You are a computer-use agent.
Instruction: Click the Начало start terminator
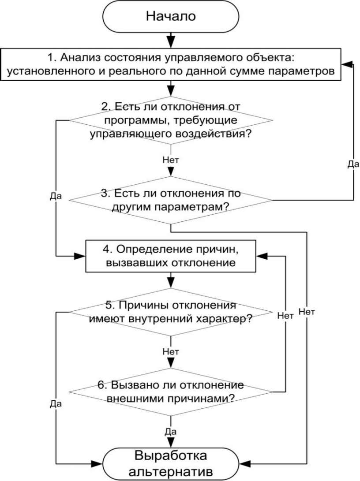pos(171,17)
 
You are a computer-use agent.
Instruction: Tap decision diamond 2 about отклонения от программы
pos(171,120)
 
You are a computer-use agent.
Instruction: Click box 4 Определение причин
pos(171,256)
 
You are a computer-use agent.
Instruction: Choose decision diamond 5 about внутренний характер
pos(171,313)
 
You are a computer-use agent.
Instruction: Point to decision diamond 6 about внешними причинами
pos(171,391)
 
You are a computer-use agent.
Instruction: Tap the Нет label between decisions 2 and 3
pos(171,160)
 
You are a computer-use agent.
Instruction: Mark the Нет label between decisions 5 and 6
pos(171,352)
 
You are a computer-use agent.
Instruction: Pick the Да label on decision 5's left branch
pos(56,403)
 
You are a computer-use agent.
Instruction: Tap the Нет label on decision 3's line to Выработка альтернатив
pos(307,312)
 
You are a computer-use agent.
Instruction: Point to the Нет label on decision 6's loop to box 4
pos(285,315)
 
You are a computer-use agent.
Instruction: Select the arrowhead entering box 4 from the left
pos(81,256)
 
